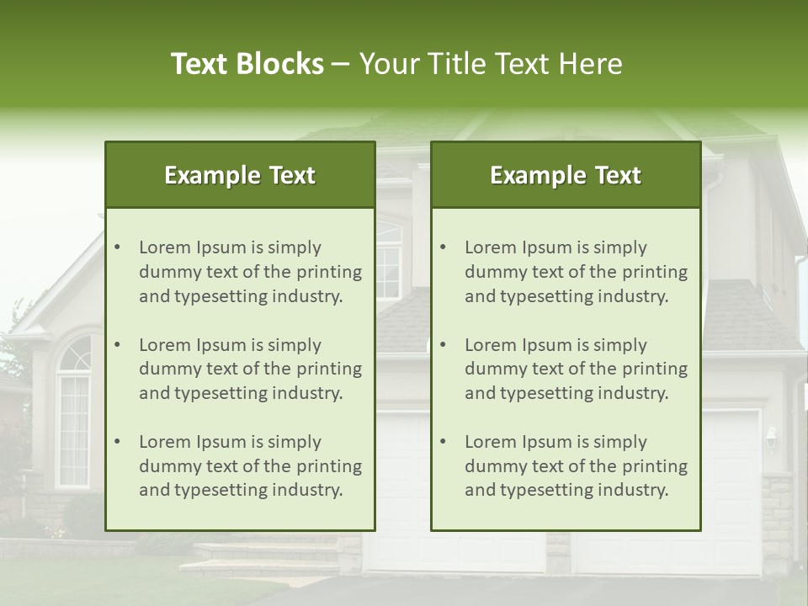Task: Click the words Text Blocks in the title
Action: coord(247,64)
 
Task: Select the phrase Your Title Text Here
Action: coord(491,64)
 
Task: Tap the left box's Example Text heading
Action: coord(240,175)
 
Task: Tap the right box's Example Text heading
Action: coord(566,175)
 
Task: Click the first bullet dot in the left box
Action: coord(118,247)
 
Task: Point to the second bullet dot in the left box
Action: coord(118,345)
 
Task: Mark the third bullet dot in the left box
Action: coord(118,442)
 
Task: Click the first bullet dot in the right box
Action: coord(444,247)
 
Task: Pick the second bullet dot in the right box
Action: coord(444,345)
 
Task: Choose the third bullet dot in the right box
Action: coord(444,442)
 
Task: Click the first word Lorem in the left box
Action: coord(165,247)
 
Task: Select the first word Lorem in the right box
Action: coord(491,247)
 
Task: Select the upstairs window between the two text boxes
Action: coord(388,261)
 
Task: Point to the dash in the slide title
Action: coord(341,65)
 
